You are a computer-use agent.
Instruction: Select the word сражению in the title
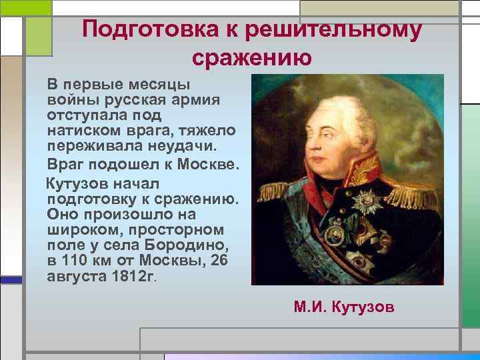251,58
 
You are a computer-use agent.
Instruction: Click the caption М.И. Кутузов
344,307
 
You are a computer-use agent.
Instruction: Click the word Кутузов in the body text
76,182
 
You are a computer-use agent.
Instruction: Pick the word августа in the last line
76,277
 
